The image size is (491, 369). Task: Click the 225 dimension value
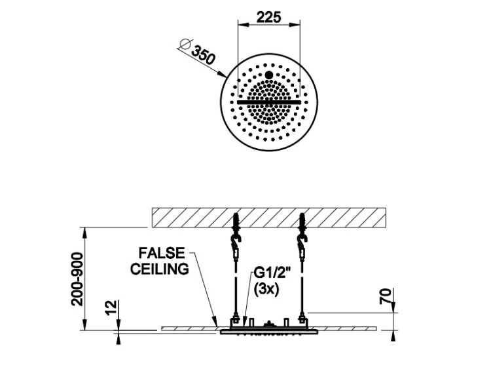268,17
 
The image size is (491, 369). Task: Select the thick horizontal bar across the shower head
268,103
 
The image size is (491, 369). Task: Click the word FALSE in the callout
160,252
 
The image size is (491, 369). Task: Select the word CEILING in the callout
160,268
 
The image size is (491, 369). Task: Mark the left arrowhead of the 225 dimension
242,25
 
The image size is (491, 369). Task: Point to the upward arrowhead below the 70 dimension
394,334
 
